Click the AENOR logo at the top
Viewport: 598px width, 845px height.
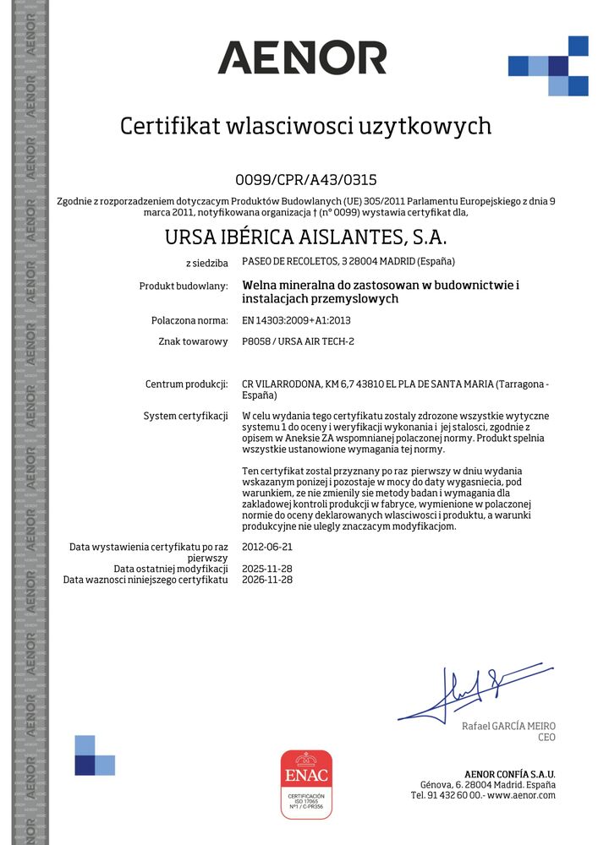pos(302,58)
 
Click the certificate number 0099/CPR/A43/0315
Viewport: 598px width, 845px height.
pos(305,179)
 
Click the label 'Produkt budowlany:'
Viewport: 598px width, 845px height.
pos(184,286)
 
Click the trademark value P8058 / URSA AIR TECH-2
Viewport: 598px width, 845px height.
pos(298,341)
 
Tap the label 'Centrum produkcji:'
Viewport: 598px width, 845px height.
pos(187,384)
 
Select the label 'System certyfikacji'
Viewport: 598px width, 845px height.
pos(187,417)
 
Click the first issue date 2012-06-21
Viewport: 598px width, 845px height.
pos(267,548)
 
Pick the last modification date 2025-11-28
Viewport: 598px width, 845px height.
pos(267,569)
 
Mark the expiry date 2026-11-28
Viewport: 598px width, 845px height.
pos(267,580)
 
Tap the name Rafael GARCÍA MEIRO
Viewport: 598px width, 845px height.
pos(508,727)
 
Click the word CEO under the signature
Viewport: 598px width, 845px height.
pos(546,738)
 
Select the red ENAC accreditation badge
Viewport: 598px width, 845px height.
pos(306,783)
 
